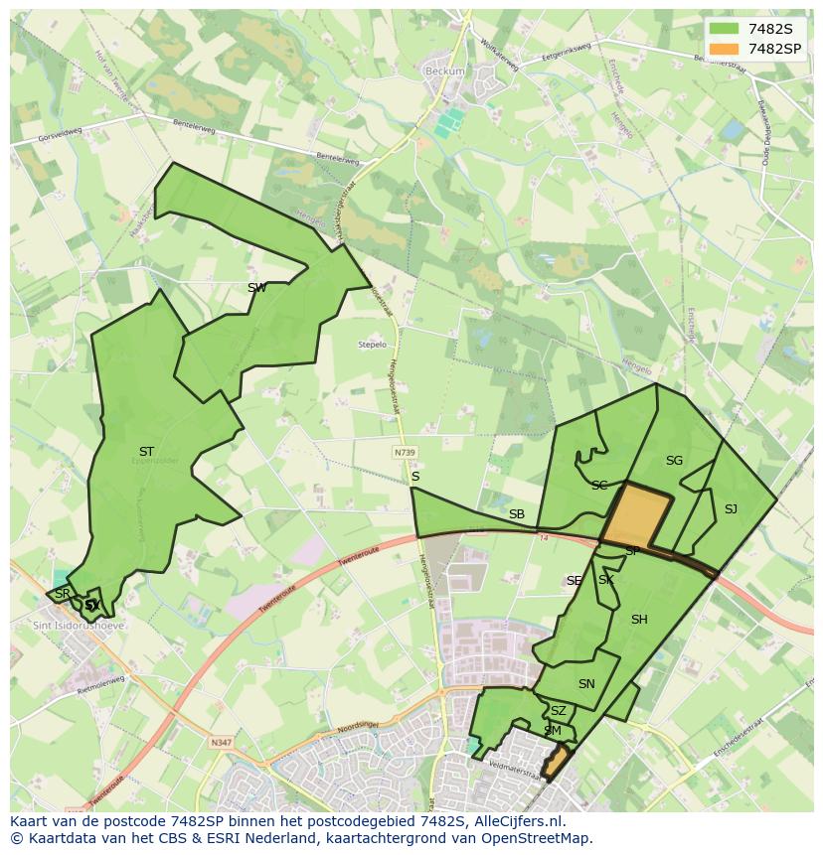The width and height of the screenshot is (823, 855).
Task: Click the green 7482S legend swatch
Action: (724, 30)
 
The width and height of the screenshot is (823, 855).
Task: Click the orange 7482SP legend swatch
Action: (724, 49)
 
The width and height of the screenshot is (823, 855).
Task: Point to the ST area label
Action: (146, 452)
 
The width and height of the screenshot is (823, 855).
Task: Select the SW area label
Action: (256, 288)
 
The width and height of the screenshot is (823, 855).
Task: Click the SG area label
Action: (674, 461)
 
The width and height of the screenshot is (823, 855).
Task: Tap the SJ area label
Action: (731, 509)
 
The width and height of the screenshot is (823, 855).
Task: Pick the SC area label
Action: (599, 486)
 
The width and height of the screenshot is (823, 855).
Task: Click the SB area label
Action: (517, 514)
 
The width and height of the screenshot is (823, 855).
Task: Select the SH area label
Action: (639, 620)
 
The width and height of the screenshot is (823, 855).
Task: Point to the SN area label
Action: (586, 684)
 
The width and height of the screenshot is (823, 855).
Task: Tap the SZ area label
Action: (559, 711)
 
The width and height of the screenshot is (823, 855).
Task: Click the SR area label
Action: (63, 594)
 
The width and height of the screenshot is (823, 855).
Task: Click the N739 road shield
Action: (405, 452)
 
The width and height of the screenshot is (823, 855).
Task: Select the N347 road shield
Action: (221, 741)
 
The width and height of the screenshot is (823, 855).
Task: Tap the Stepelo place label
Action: (372, 345)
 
